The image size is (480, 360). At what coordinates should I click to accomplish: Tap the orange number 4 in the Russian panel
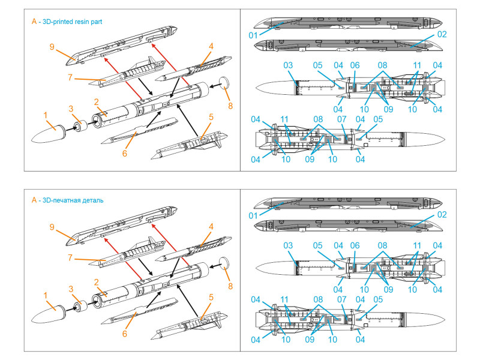tap(211, 226)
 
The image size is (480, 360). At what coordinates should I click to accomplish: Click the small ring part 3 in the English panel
tap(78, 126)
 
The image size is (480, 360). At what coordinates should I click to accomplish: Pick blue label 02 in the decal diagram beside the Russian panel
tap(442, 215)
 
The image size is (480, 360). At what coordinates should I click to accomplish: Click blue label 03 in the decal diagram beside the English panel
tap(288, 65)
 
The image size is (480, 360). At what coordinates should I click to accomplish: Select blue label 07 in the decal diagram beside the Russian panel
tap(343, 299)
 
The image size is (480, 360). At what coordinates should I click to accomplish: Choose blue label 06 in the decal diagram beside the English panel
tap(355, 65)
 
